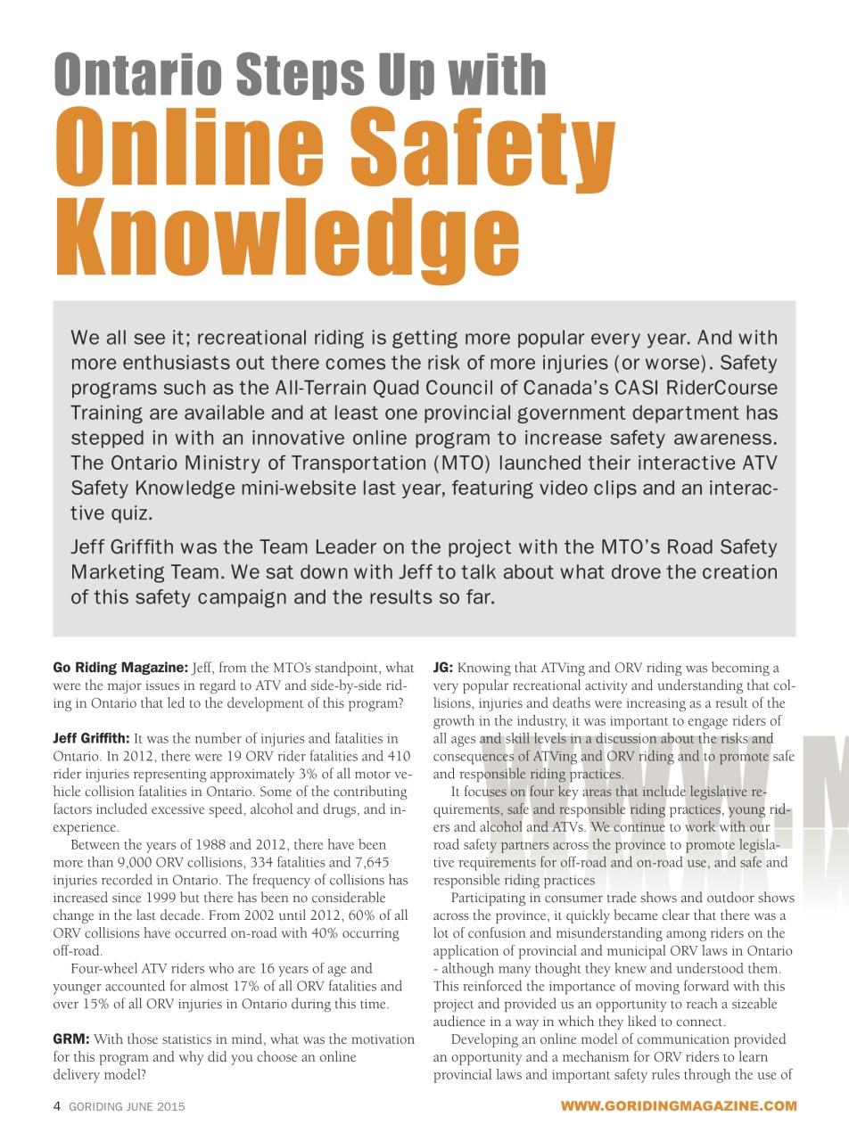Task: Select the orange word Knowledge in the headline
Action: (286, 234)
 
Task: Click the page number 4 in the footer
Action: (57, 1106)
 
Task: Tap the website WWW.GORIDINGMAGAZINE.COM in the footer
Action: (678, 1106)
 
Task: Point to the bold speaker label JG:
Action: (443, 668)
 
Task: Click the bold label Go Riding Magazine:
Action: (120, 668)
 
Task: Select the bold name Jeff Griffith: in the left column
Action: (91, 738)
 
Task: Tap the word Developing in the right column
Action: (488, 1039)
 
